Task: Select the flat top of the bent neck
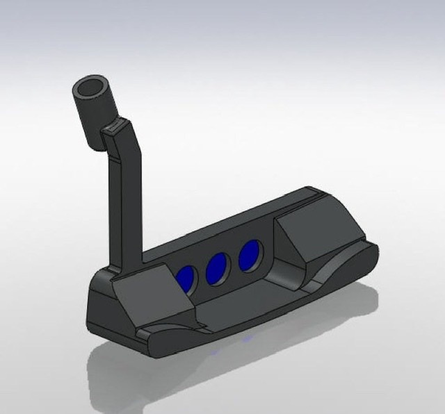click(x=117, y=127)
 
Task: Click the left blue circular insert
click(x=186, y=276)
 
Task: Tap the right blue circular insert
click(x=249, y=255)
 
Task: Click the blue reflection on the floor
click(x=248, y=340)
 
